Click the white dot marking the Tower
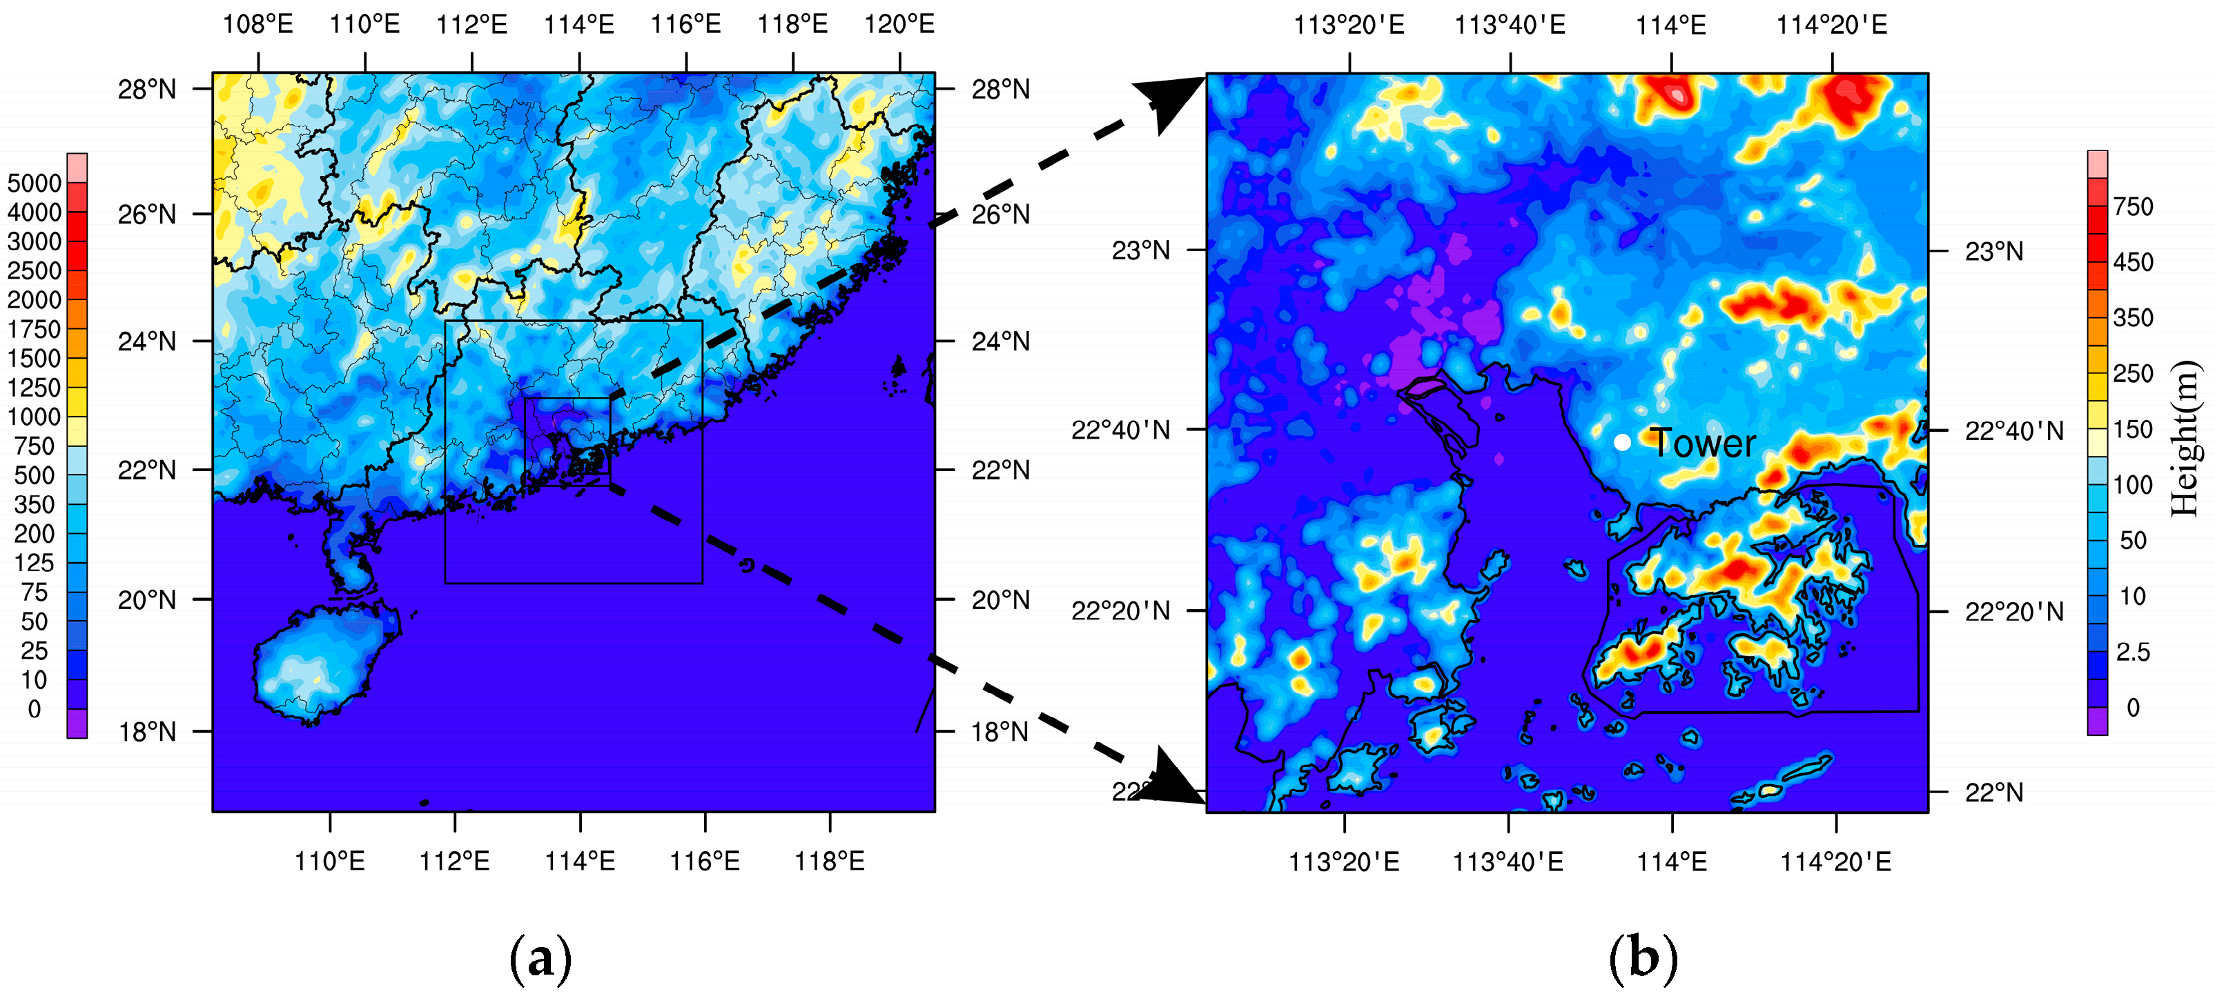(x=1621, y=443)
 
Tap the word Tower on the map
(x=1703, y=444)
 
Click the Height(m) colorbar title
(x=2185, y=438)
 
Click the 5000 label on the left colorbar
(x=35, y=183)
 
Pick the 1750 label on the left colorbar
(x=35, y=329)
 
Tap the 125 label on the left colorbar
(x=35, y=563)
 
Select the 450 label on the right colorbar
(x=2134, y=262)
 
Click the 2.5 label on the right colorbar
(x=2134, y=651)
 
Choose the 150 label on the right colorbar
(x=2134, y=430)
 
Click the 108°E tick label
(x=258, y=24)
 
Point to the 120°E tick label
(x=899, y=24)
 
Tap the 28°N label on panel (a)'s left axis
(x=147, y=88)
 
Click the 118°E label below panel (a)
(x=830, y=860)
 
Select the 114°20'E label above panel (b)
(x=1833, y=25)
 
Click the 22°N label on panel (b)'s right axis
(x=1994, y=793)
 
